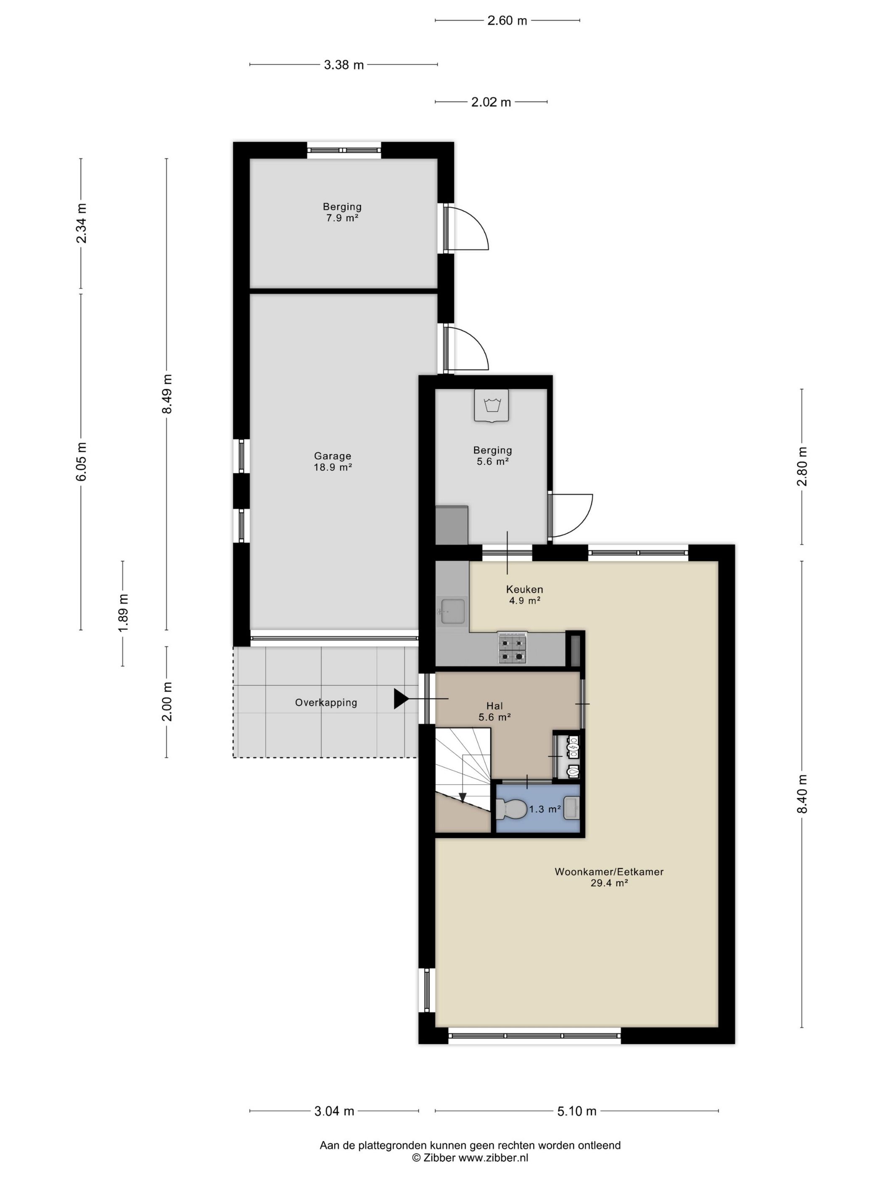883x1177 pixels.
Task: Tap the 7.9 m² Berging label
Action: point(342,212)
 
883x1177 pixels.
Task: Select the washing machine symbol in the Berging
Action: point(491,406)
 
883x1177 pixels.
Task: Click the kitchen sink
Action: point(452,611)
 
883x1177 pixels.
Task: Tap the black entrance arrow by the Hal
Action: point(401,699)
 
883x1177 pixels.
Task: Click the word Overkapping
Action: point(326,702)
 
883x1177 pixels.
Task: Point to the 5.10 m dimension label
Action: point(576,1111)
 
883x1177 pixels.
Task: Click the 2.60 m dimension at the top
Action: point(507,21)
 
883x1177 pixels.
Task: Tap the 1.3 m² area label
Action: point(545,809)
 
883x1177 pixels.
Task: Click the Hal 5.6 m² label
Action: point(494,711)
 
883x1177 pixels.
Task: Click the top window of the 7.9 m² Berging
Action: point(344,150)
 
